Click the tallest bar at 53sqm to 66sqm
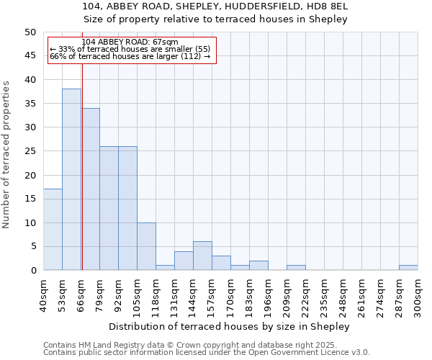[71, 179]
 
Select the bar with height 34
[90, 189]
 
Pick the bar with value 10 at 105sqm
[146, 246]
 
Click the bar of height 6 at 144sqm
[202, 256]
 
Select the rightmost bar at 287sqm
[408, 268]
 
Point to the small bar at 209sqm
[296, 268]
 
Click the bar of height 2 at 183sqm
[258, 266]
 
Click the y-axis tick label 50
[30, 32]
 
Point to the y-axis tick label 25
[30, 151]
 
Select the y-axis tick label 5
[32, 246]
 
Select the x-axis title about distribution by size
[230, 326]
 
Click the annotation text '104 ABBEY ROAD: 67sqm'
[130, 42]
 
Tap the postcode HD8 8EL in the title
[332, 6]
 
